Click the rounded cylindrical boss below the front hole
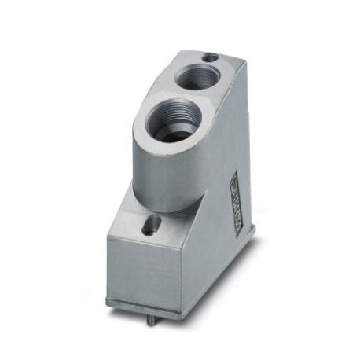click(x=161, y=173)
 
